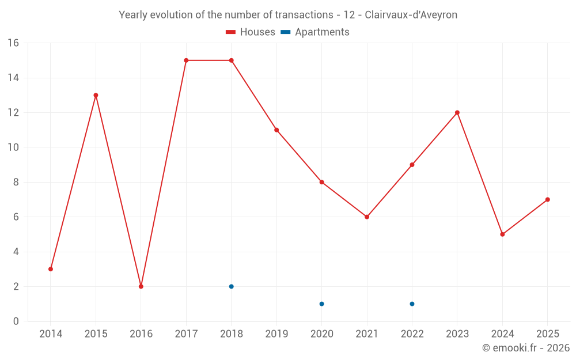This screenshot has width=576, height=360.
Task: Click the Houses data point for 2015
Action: (96, 95)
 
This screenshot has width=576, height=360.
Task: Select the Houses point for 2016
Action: (141, 286)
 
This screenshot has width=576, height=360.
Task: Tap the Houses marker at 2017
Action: (186, 60)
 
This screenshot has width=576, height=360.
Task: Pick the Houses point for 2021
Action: (367, 217)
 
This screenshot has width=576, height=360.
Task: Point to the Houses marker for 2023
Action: (457, 112)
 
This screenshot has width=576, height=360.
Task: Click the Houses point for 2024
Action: (502, 234)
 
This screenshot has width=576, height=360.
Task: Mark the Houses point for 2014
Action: (51, 269)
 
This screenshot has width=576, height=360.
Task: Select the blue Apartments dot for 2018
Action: (232, 286)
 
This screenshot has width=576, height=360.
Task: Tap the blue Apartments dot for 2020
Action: (322, 304)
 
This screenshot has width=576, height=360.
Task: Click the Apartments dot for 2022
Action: (412, 304)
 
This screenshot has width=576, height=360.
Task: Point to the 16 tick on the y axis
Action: (13, 43)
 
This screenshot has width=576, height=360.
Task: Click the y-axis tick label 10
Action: (13, 147)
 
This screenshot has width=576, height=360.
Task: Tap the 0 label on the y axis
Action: (16, 321)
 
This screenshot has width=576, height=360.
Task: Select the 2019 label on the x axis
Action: (276, 334)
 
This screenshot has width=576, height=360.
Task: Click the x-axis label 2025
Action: (547, 334)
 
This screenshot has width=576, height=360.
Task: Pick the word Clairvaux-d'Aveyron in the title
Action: (411, 15)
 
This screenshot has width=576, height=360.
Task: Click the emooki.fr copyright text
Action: (526, 348)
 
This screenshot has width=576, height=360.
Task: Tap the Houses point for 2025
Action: (548, 199)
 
